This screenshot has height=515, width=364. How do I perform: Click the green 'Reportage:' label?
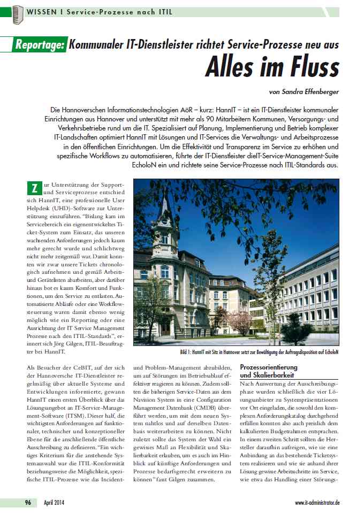40,45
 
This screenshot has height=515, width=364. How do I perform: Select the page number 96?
27,503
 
